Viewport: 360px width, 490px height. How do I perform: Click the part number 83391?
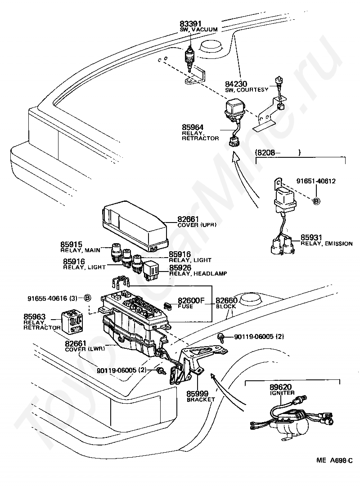(x=190, y=24)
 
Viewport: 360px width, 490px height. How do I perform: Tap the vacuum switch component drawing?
(x=189, y=59)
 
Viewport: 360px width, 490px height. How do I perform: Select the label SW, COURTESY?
(x=247, y=90)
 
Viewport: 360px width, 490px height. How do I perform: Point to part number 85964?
(x=193, y=127)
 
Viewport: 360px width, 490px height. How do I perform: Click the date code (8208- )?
(x=278, y=152)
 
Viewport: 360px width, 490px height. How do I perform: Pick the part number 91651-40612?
(x=316, y=181)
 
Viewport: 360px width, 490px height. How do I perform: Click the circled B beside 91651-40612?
(x=316, y=201)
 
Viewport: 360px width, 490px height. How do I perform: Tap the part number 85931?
(x=311, y=237)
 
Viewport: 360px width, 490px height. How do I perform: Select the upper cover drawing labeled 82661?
(x=135, y=226)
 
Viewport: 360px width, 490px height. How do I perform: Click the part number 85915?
(x=71, y=245)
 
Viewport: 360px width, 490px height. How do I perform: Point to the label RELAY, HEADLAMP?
(x=198, y=273)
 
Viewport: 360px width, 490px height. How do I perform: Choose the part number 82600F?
(x=191, y=301)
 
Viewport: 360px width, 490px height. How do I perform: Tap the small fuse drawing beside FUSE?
(x=169, y=306)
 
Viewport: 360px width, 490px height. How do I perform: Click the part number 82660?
(x=227, y=301)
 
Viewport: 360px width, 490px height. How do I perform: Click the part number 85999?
(x=198, y=394)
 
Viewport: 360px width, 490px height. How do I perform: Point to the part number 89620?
(x=280, y=387)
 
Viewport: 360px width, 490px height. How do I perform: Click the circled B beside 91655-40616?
(x=88, y=298)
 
